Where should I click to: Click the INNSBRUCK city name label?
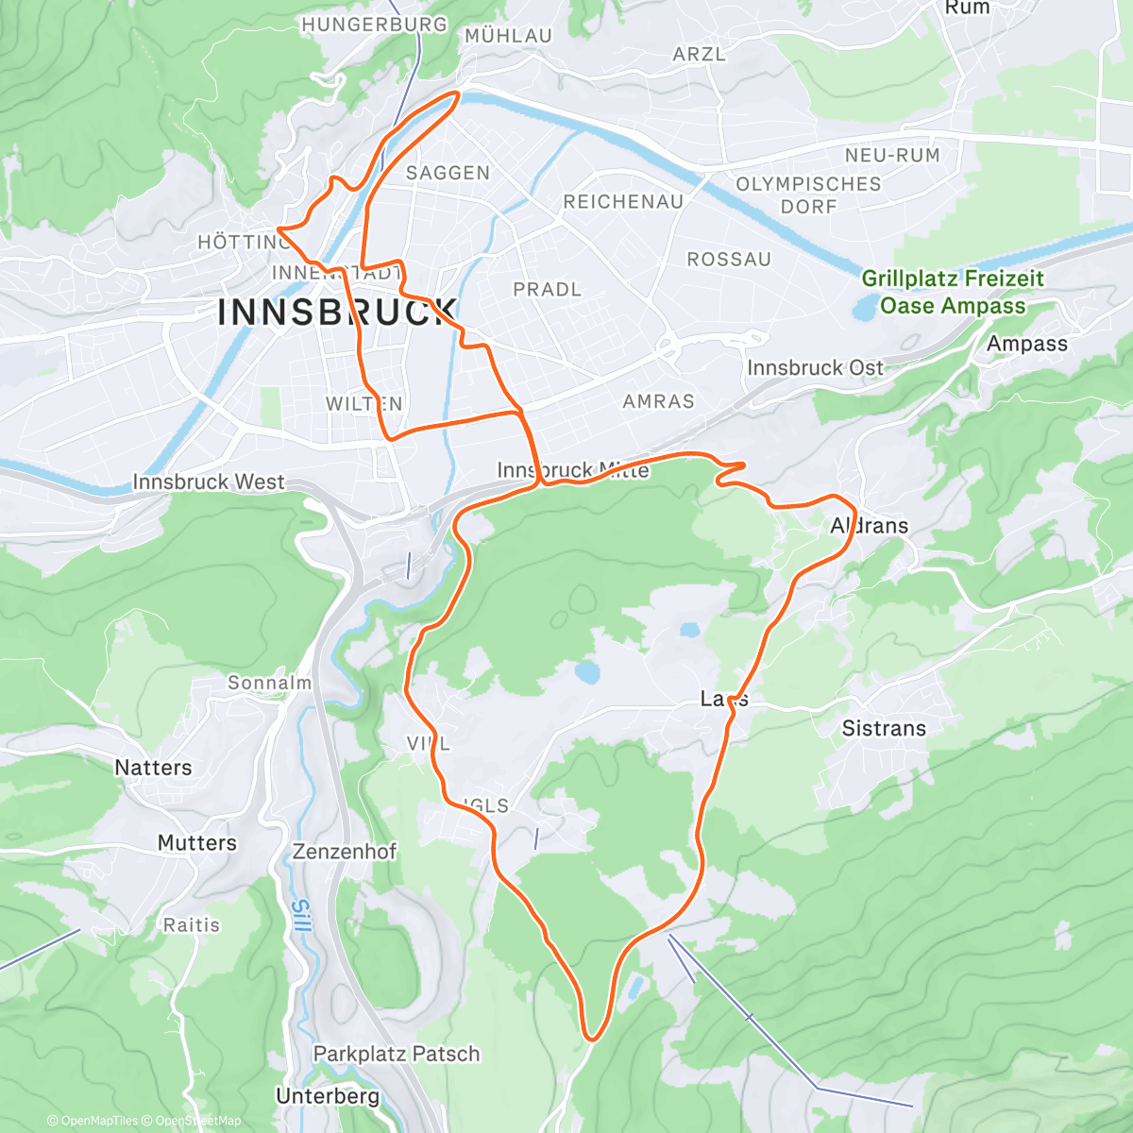337,313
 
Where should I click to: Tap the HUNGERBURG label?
374,25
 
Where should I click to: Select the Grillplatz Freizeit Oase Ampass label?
952,292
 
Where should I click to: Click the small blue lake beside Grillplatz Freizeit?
865,306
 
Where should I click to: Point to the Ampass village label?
1026,344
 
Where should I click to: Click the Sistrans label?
884,728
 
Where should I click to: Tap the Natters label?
153,768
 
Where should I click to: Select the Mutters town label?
196,842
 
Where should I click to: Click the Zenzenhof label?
345,852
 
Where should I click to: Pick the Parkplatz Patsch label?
397,1054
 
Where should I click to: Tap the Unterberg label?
328,1096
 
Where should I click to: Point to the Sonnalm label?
269,683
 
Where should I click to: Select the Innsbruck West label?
208,482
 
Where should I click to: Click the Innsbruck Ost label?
815,367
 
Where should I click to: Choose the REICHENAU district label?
623,202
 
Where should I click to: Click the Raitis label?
192,925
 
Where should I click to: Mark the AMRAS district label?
658,401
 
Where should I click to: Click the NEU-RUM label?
892,155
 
